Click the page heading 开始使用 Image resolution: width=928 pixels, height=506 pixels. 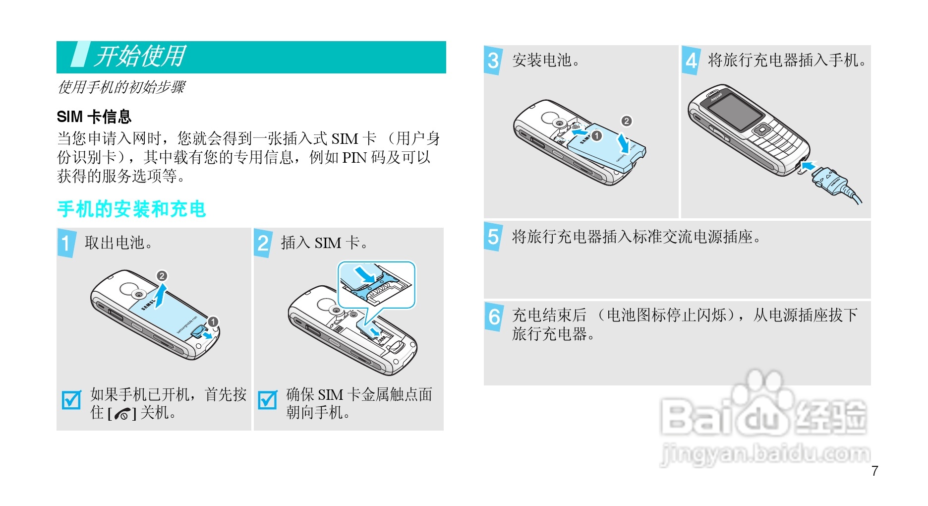(140, 57)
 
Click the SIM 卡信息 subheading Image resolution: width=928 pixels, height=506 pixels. (94, 117)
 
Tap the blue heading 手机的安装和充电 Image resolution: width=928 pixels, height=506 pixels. (131, 209)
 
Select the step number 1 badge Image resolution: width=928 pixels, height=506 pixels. (66, 243)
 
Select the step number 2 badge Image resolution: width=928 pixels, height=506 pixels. (263, 243)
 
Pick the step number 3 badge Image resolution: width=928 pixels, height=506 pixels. (493, 61)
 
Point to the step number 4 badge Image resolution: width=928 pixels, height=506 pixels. (691, 61)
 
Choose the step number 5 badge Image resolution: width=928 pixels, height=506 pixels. (493, 237)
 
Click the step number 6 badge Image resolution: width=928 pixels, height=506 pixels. (494, 316)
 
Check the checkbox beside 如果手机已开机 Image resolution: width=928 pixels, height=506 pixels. (71, 400)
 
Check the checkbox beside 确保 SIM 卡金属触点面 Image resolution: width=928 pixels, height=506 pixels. (268, 400)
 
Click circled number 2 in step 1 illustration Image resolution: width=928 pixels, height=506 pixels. (162, 276)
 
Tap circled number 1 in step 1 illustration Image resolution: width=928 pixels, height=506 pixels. (213, 322)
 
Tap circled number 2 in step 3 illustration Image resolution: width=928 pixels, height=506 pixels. (627, 121)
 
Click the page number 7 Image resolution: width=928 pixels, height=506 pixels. (875, 471)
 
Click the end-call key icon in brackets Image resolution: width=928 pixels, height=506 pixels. (122, 414)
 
